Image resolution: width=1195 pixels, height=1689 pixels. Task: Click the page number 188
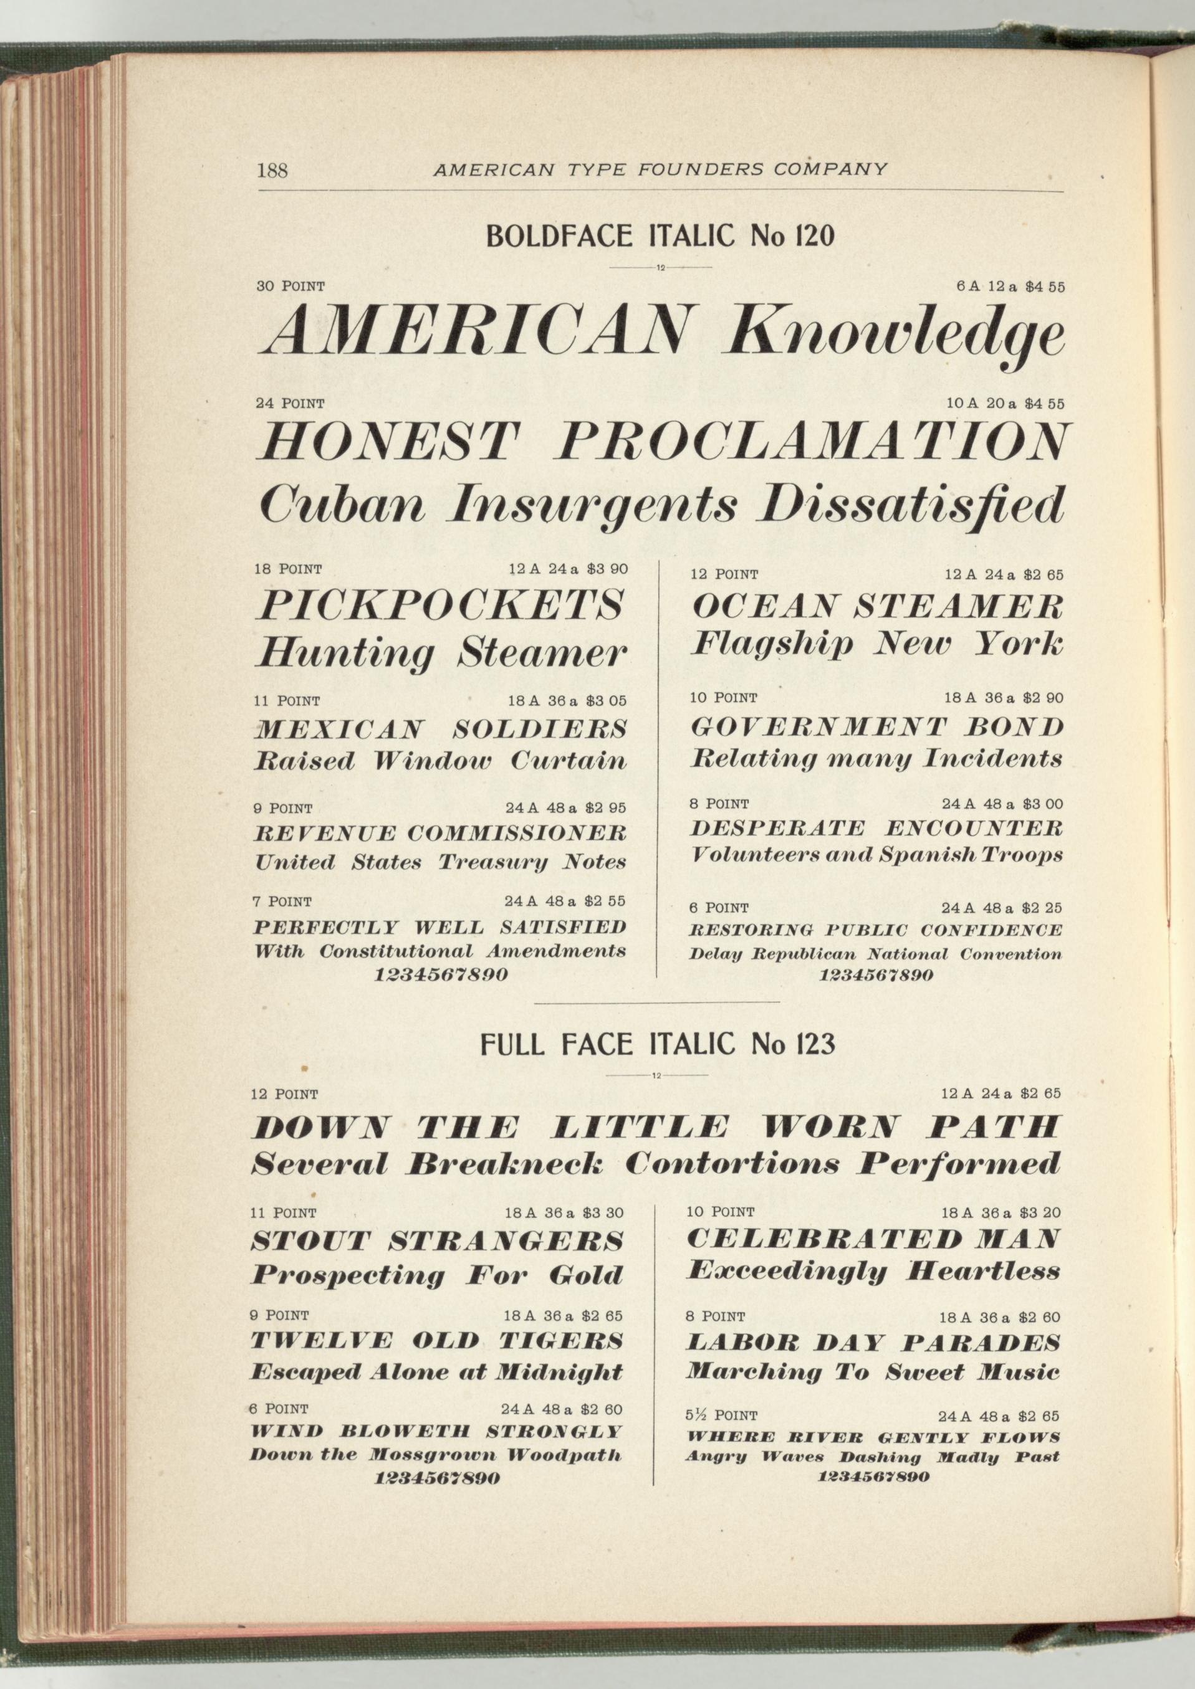[272, 171]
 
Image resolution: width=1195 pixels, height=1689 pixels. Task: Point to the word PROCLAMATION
[812, 444]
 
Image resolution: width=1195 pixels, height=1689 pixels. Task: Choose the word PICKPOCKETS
[439, 606]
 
